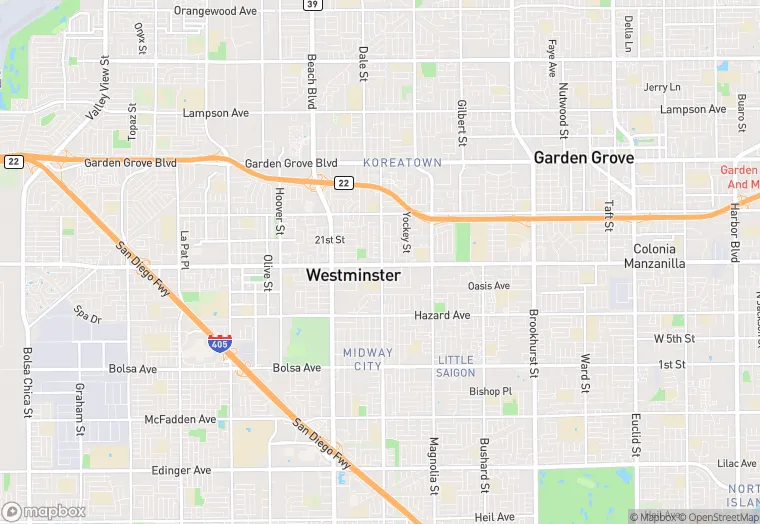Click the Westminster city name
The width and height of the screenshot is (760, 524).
353,275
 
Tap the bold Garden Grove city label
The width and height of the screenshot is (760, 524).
584,157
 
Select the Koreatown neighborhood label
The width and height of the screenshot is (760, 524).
402,162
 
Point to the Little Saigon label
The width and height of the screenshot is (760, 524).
456,366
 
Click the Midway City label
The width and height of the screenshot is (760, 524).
368,359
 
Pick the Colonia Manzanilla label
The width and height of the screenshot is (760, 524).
655,256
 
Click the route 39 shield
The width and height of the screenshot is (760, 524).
313,5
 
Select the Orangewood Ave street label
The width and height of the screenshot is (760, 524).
215,11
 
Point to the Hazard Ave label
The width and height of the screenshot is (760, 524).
442,316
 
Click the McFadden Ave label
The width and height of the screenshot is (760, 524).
180,420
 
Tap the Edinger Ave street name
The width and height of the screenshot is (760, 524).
181,470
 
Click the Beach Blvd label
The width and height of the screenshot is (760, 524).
312,82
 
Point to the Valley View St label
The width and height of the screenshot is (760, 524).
99,89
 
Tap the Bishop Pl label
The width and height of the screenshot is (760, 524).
490,391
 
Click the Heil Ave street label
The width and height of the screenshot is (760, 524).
495,517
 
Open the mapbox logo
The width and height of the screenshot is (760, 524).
44,511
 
